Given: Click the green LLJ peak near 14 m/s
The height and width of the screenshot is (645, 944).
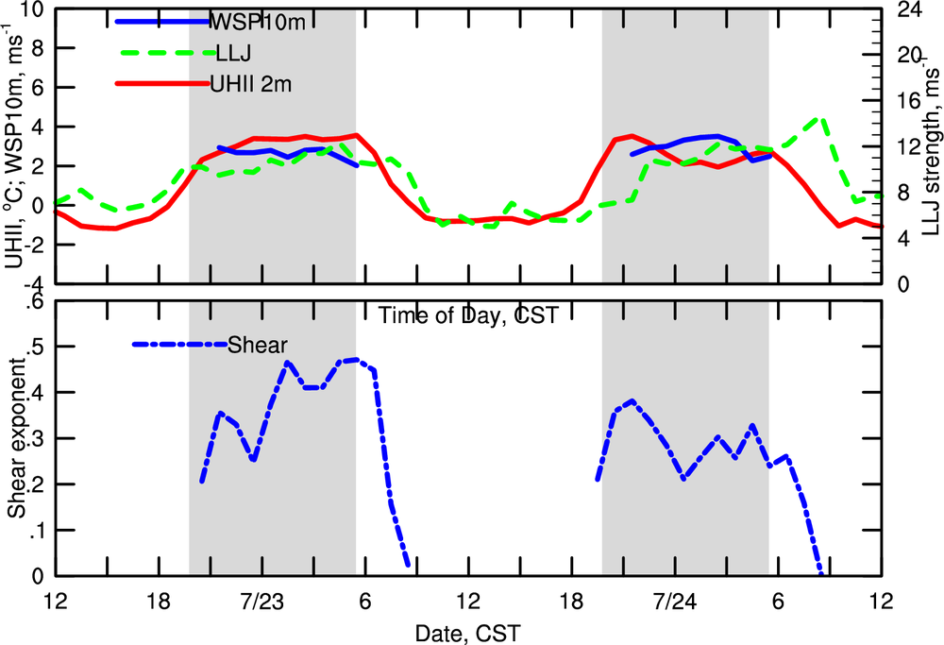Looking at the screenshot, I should point(821,120).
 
